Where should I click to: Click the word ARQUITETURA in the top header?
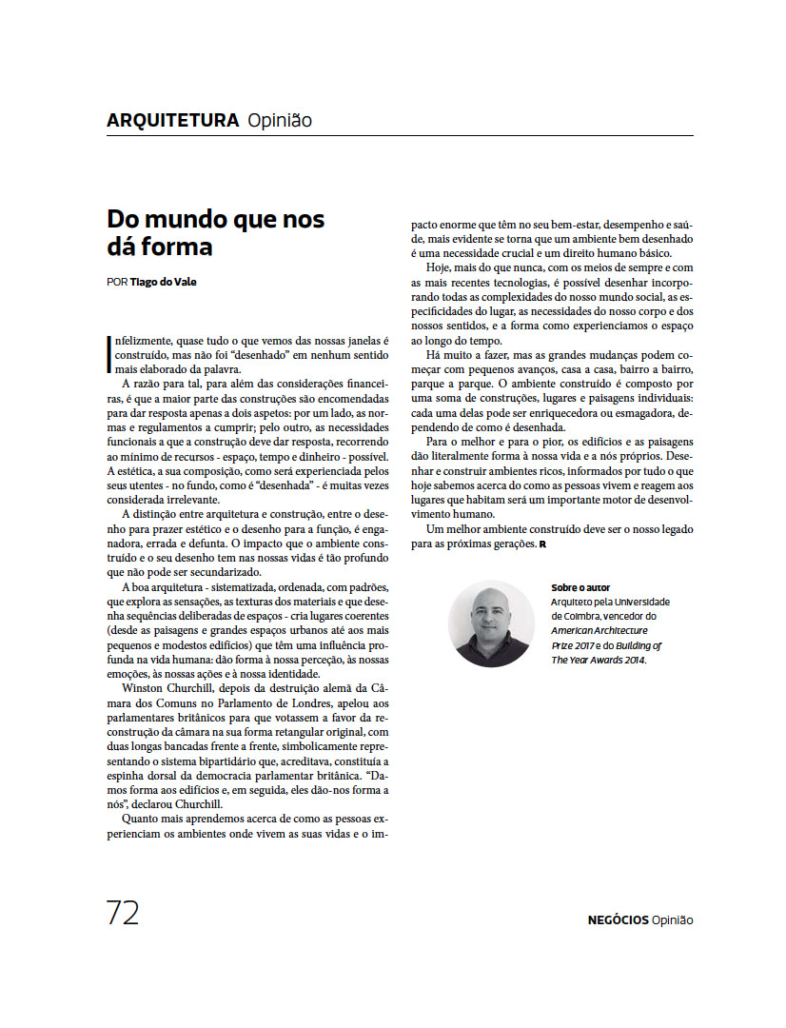[x=172, y=121]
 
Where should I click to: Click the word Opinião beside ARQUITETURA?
[x=280, y=121]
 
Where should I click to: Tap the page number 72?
[x=123, y=913]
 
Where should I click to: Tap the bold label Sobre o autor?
[x=580, y=587]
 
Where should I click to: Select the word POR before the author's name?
[x=116, y=282]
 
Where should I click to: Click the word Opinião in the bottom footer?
[x=674, y=919]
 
